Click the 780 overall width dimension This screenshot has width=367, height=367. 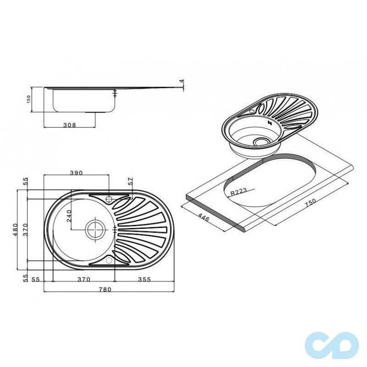[105, 289]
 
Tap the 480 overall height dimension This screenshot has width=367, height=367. [15, 230]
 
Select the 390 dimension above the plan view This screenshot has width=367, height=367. [77, 173]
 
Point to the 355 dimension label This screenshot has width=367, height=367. [144, 279]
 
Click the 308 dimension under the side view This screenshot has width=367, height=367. [70, 125]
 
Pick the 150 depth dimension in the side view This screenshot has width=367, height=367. [28, 99]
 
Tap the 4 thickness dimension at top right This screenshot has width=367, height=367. [181, 81]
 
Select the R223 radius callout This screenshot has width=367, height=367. [239, 192]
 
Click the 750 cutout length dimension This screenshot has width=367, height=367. [311, 203]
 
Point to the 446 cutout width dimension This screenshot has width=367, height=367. [203, 217]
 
